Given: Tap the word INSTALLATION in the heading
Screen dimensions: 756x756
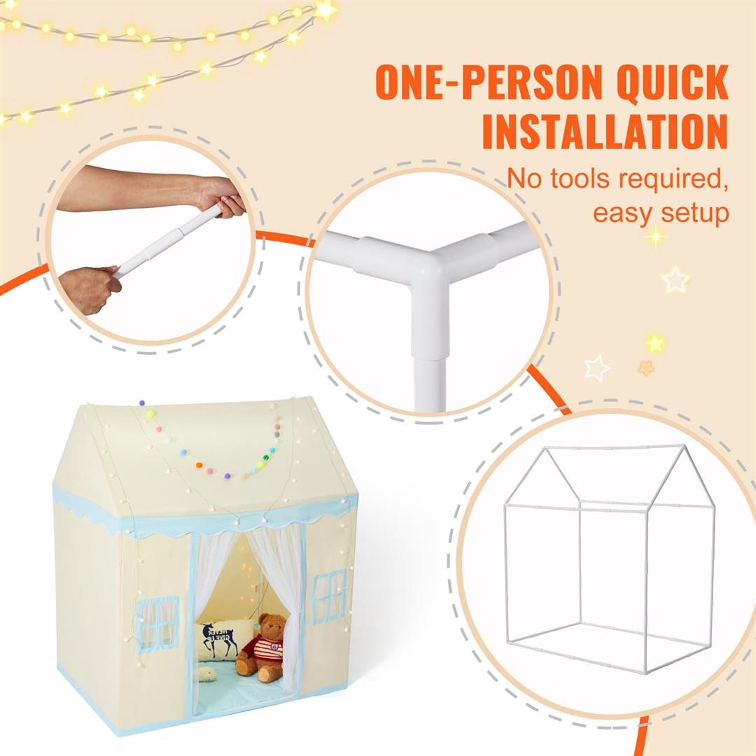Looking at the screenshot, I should (605, 130).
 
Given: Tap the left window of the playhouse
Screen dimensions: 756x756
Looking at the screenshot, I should (157, 622).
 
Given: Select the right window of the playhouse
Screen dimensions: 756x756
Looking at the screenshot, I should (329, 596).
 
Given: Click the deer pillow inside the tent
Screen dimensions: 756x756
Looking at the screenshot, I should (222, 638).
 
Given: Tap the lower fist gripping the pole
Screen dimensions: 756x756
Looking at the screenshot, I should (90, 289).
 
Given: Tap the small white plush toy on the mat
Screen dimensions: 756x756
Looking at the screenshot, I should (206, 674).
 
